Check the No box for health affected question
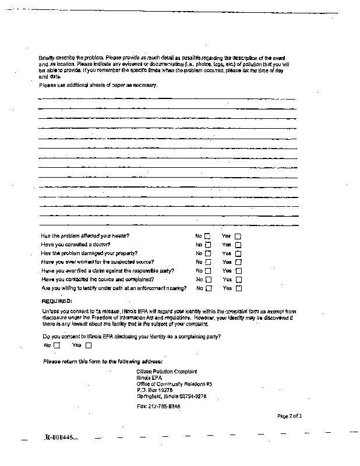(x=207, y=236)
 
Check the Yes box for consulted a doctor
(x=238, y=245)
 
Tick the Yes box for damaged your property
(x=238, y=253)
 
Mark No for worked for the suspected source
(x=207, y=262)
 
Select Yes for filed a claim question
(x=238, y=271)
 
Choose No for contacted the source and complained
(x=207, y=280)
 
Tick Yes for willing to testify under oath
(x=238, y=288)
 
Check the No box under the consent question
(x=57, y=345)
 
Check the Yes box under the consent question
(x=88, y=345)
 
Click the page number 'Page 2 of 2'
(x=289, y=416)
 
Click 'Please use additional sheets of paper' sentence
(x=98, y=85)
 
